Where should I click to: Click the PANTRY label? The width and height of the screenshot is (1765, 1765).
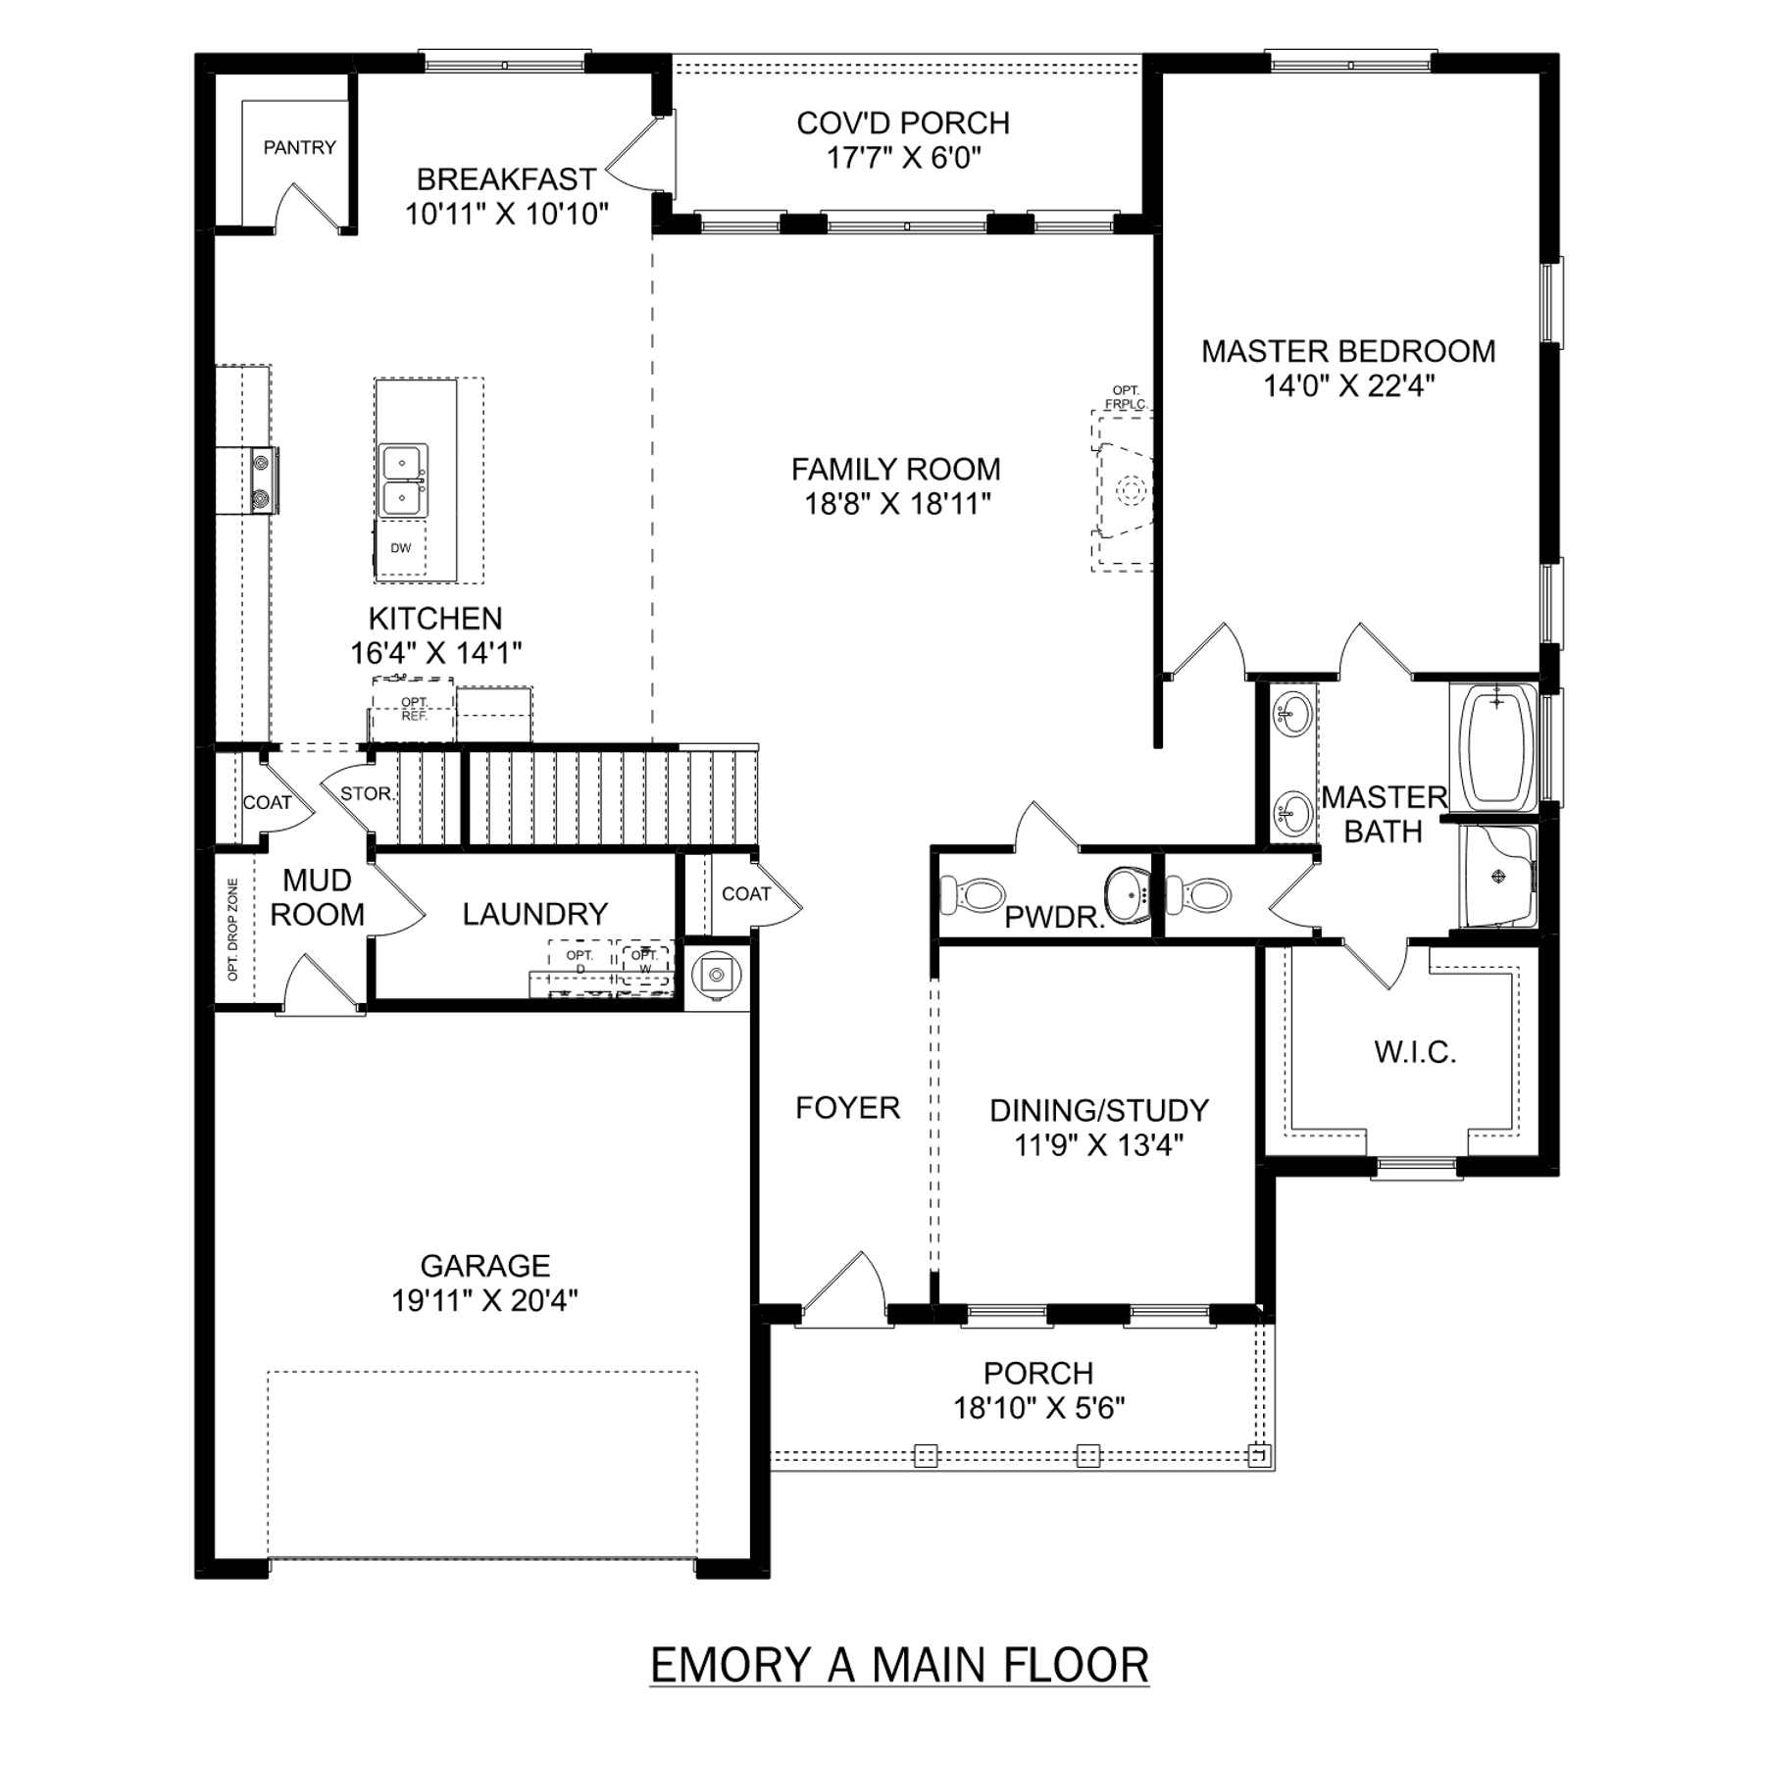coord(299,148)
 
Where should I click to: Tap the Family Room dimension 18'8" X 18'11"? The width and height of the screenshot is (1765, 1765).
coord(897,504)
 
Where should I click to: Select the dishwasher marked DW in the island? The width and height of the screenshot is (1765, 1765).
coord(401,548)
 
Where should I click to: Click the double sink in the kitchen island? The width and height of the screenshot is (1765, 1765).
coord(403,480)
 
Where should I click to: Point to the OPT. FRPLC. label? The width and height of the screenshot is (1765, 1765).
coord(1126,397)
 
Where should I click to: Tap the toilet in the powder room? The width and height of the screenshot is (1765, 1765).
coord(974,893)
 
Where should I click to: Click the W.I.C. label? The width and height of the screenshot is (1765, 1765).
coord(1415,1052)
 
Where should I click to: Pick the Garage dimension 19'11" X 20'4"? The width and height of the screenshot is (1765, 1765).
coord(484,1300)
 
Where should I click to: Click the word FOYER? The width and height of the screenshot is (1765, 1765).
coord(847,1108)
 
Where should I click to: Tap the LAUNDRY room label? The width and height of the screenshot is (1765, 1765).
coord(535,914)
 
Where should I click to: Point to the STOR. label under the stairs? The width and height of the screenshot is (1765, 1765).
coord(367,793)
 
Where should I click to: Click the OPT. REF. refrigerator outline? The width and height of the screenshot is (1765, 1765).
coord(414,709)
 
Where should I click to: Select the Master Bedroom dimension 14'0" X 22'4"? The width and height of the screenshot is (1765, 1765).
coord(1349,386)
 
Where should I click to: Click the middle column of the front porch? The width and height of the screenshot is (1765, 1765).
coord(1088,1456)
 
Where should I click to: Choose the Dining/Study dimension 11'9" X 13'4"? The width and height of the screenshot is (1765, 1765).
coord(1099,1144)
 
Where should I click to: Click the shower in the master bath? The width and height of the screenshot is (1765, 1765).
coord(1498,877)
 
